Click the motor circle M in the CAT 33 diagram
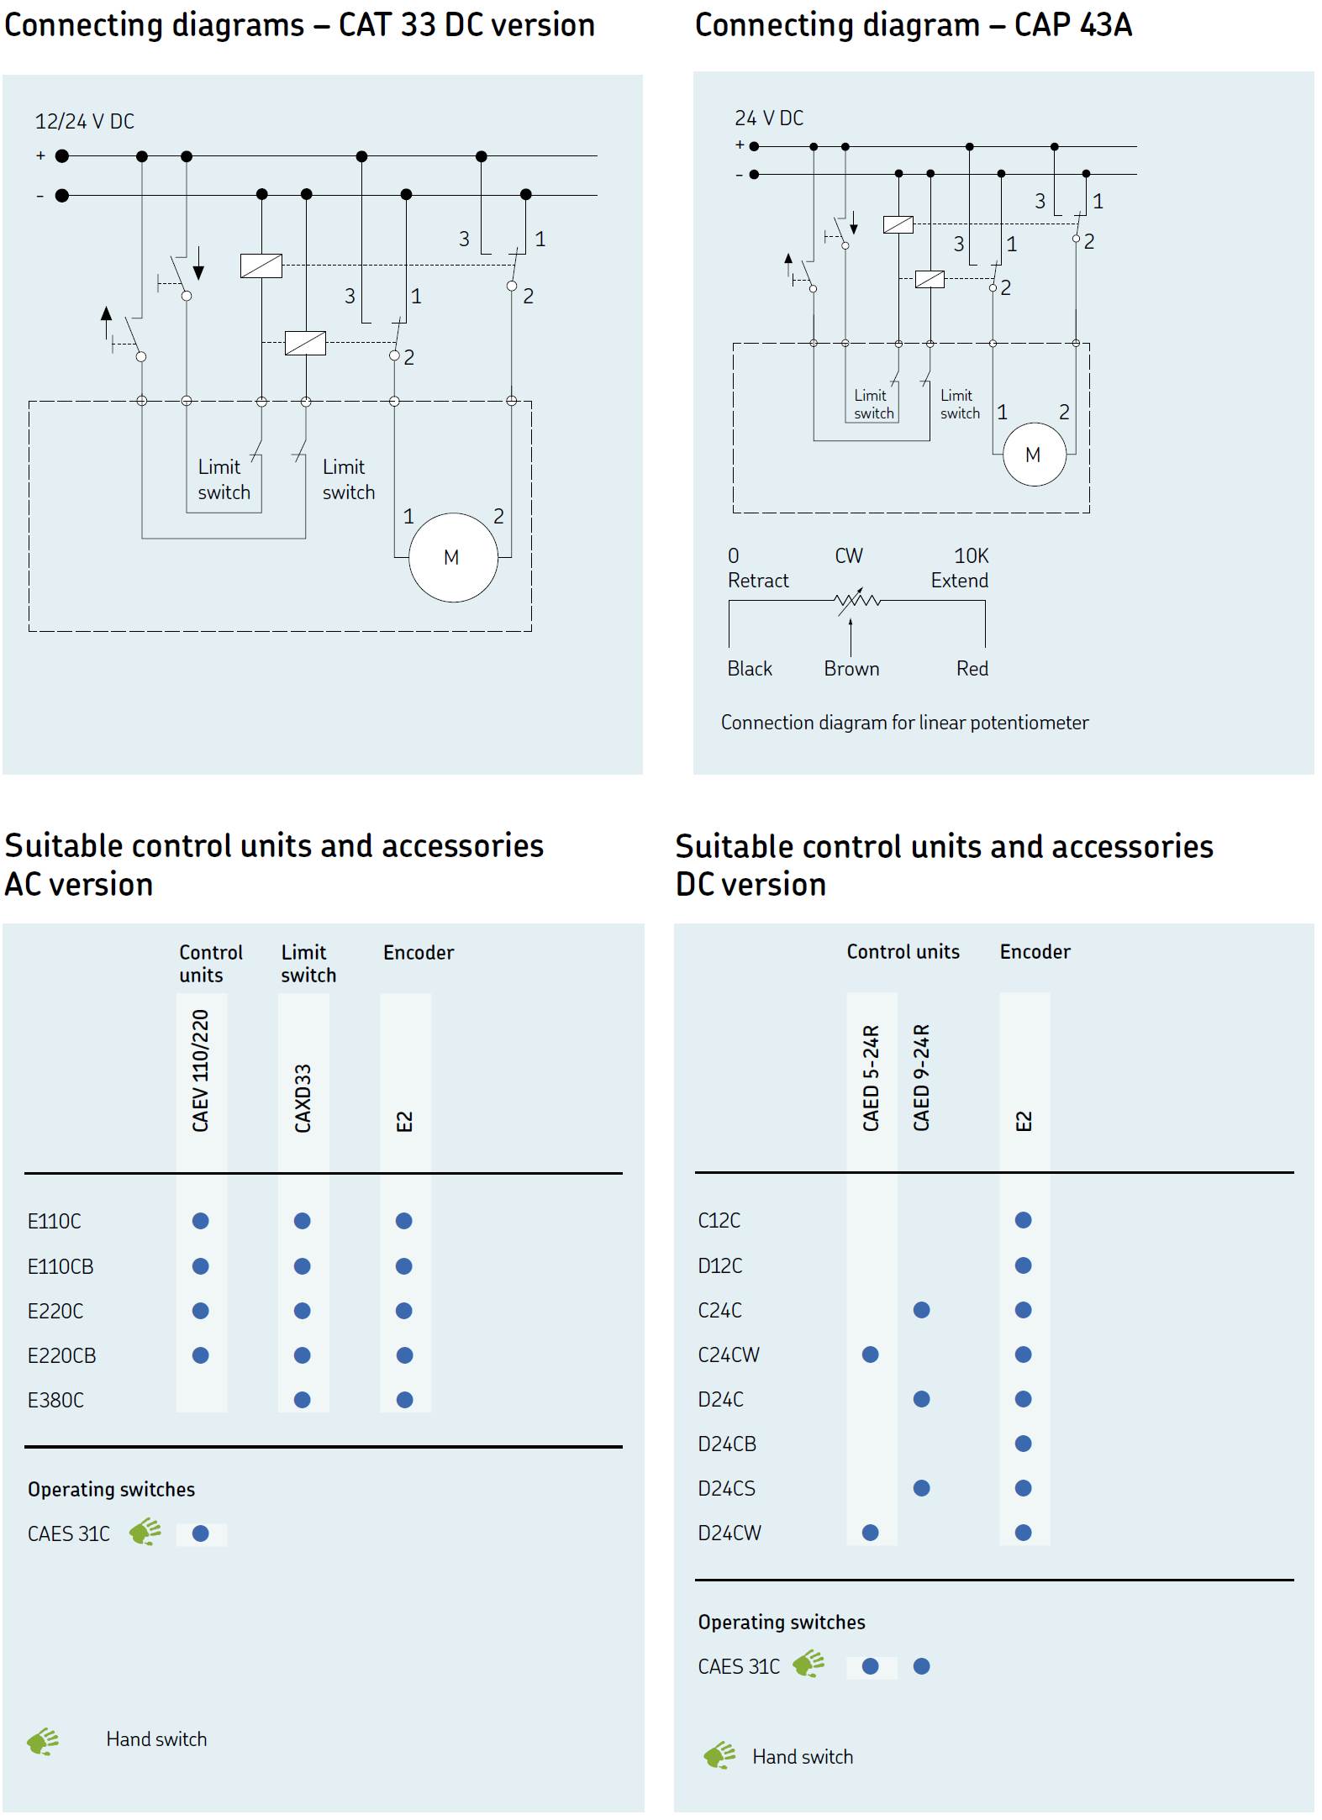[x=453, y=557]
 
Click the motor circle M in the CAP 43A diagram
[x=1034, y=455]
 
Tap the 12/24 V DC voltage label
[x=84, y=122]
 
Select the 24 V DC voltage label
[x=768, y=118]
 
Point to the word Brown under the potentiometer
[x=851, y=669]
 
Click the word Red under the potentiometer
[x=972, y=669]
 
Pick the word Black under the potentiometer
[x=750, y=669]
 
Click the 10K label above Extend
[x=971, y=556]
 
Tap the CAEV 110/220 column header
[x=201, y=1070]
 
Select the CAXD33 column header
[x=303, y=1097]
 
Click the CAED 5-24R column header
[x=871, y=1077]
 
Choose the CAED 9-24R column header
[x=921, y=1077]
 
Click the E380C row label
[x=55, y=1400]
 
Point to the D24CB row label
[x=727, y=1444]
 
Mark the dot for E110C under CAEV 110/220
[x=201, y=1221]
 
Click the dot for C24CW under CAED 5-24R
[x=871, y=1354]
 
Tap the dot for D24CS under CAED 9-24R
[x=922, y=1488]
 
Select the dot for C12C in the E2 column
[x=1023, y=1220]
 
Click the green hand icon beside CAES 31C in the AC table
[x=145, y=1532]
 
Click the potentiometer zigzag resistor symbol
[x=856, y=600]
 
